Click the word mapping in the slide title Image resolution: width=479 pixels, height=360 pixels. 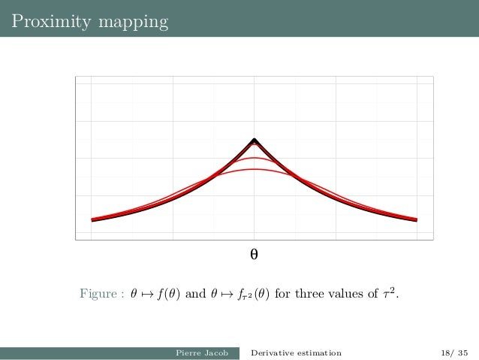132,23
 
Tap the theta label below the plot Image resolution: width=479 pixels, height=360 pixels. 254,255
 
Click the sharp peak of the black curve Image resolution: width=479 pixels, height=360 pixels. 255,140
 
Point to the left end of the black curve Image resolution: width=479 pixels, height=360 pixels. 92,220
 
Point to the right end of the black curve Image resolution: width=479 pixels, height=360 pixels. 416,220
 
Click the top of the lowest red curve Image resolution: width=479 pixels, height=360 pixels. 255,170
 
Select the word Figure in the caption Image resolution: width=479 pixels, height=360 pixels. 98,293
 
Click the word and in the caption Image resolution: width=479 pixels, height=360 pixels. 194,293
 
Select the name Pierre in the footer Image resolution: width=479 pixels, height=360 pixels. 188,352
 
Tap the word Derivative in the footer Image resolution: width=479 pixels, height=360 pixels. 274,352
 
